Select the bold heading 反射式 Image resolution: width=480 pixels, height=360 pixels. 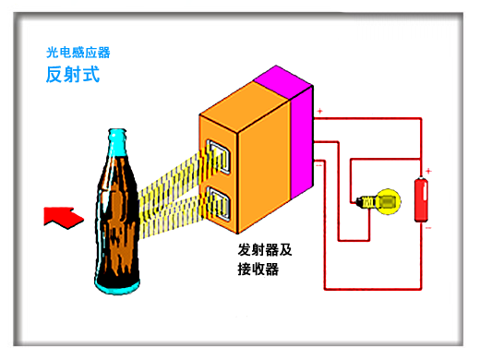[72, 75]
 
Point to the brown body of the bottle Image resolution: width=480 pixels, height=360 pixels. [120, 231]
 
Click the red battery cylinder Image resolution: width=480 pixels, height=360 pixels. [423, 198]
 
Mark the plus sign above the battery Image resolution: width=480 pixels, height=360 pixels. [428, 171]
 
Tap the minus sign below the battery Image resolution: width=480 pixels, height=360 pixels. [428, 225]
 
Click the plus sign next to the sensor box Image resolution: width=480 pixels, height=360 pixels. [320, 114]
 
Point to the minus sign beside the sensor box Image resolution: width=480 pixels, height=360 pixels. [319, 166]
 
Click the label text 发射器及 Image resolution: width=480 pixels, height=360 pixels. [264, 250]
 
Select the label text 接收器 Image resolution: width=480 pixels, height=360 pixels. [258, 270]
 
